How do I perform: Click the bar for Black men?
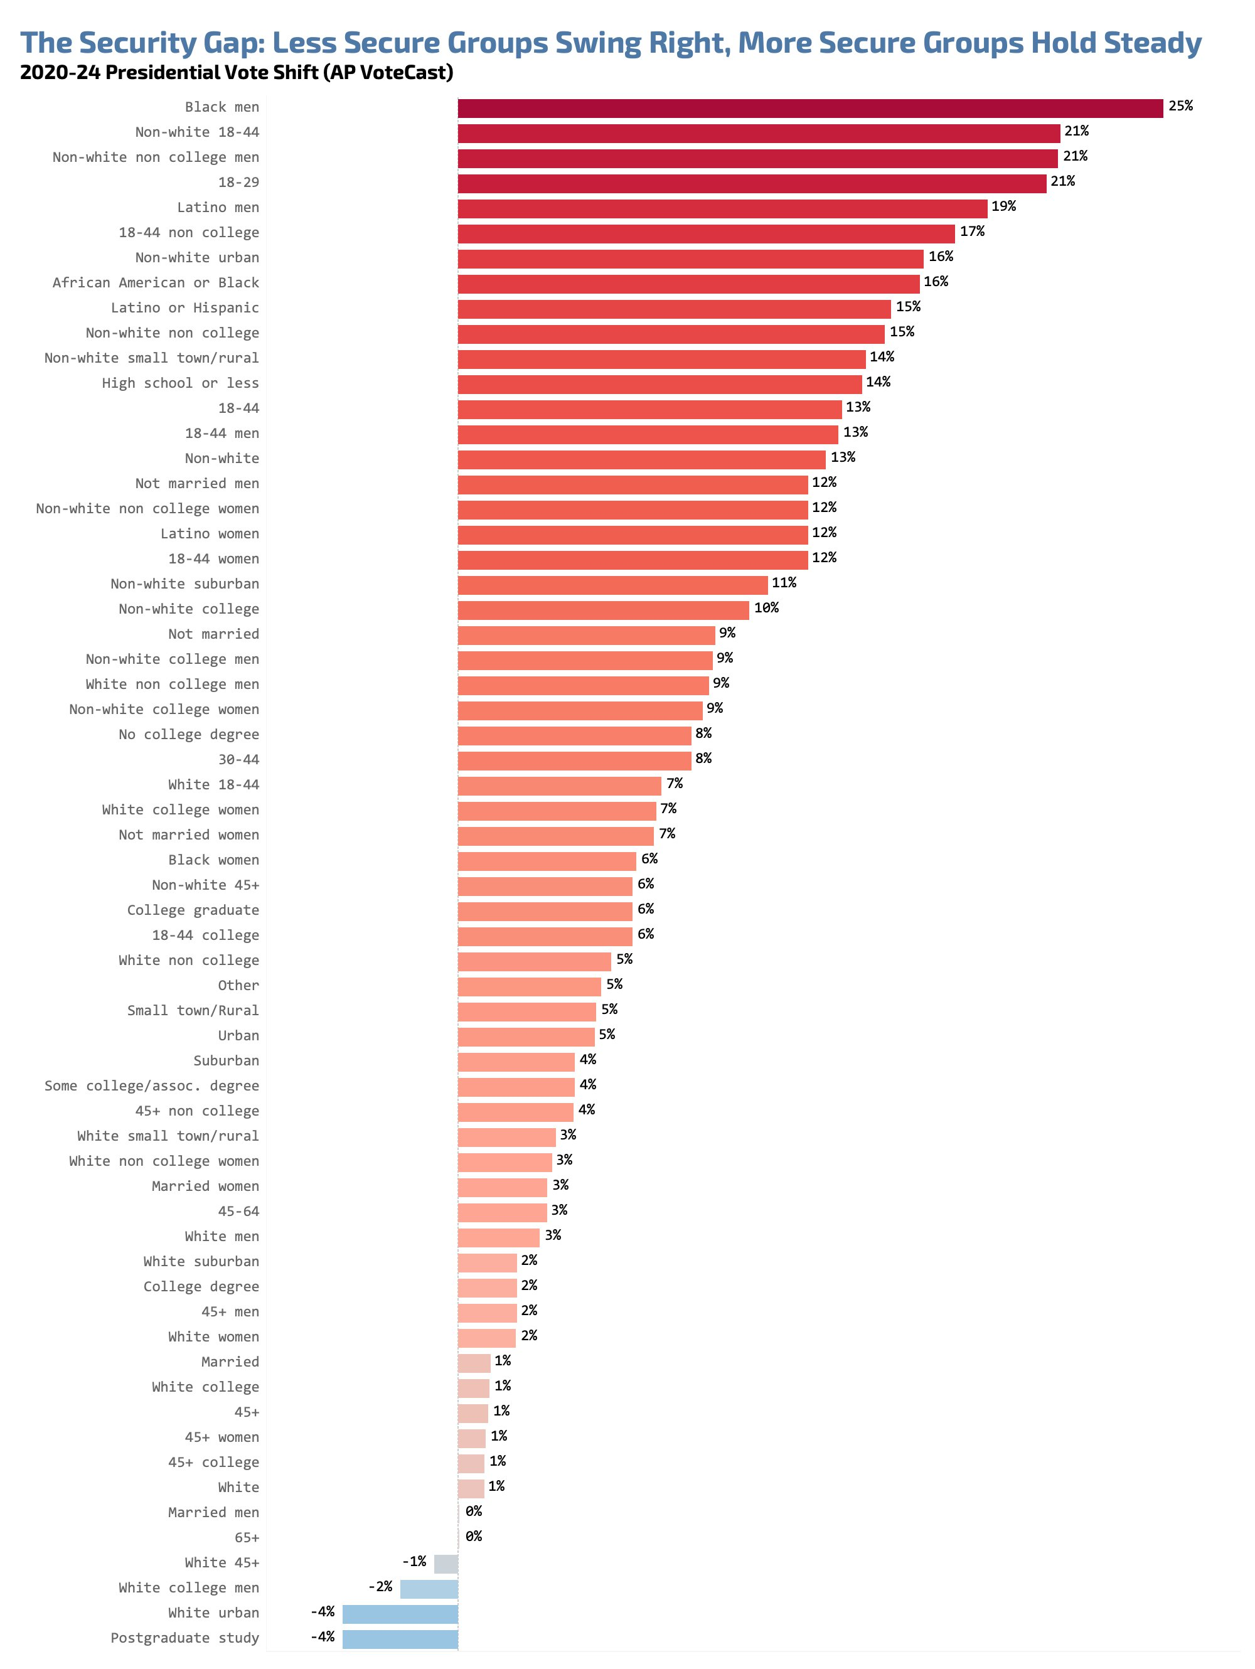(809, 108)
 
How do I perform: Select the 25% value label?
(1180, 107)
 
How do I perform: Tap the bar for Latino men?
(722, 208)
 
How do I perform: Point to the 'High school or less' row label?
(180, 383)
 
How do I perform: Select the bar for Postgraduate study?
(400, 1639)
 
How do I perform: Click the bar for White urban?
(400, 1614)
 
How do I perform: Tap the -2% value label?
(380, 1587)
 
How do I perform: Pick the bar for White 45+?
(446, 1564)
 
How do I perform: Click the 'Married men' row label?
(213, 1513)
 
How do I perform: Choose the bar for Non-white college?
(603, 610)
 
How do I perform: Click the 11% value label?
(783, 582)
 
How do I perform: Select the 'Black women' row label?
(213, 860)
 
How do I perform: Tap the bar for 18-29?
(751, 183)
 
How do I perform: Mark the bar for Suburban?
(516, 1062)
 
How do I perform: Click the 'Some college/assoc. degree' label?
(151, 1085)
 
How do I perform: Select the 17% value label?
(971, 232)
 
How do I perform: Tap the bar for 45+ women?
(471, 1438)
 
